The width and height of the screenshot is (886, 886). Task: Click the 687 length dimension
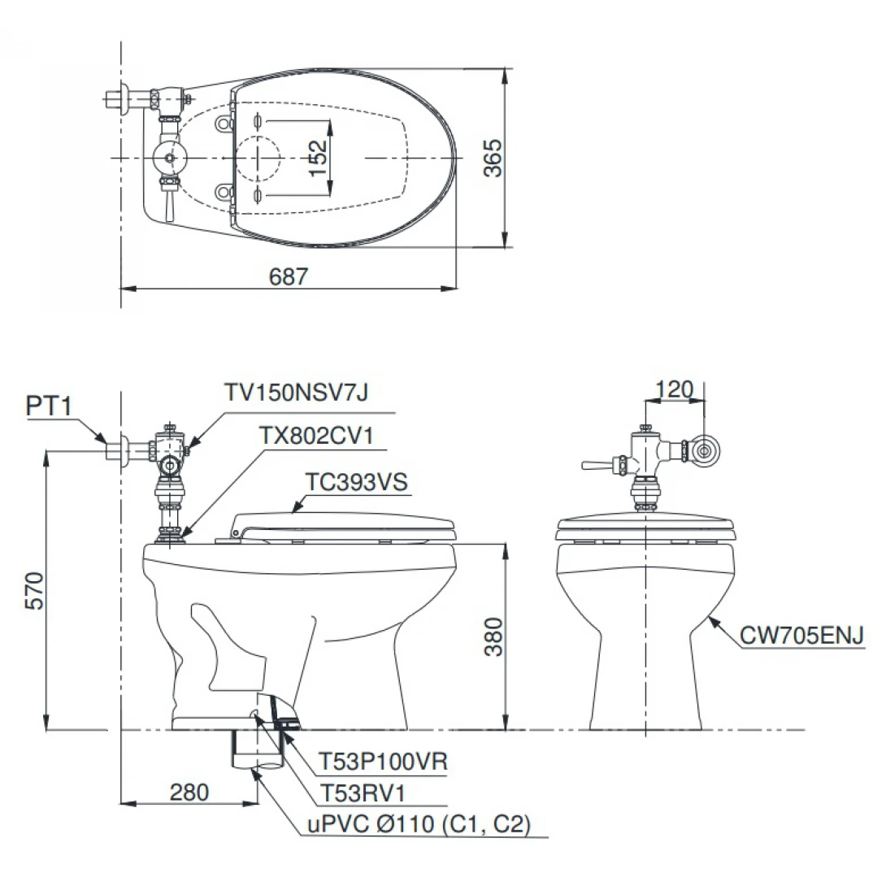(289, 276)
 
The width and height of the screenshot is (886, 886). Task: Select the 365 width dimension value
(493, 158)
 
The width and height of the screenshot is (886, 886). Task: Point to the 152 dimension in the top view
(318, 158)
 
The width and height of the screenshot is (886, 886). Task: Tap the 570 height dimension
(35, 590)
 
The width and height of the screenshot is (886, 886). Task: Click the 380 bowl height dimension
(494, 636)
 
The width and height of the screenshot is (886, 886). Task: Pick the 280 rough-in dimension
(189, 793)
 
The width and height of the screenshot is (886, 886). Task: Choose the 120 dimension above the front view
(674, 389)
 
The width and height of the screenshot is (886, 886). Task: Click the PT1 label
(49, 406)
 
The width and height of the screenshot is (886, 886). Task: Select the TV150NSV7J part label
(296, 392)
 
